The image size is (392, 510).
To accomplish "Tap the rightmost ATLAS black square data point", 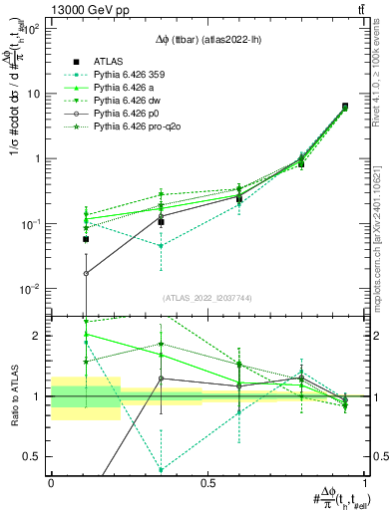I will pyautogui.click(x=344, y=107).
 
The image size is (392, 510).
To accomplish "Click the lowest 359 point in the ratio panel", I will pyautogui.click(x=161, y=470).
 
